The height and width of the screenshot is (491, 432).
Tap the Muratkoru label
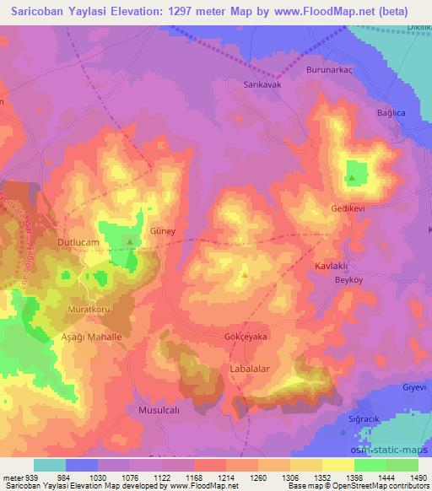point(89,310)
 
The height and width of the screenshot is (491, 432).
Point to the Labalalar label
point(255,370)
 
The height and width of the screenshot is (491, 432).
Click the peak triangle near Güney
point(130,242)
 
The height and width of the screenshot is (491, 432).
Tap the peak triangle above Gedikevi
point(352,178)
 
